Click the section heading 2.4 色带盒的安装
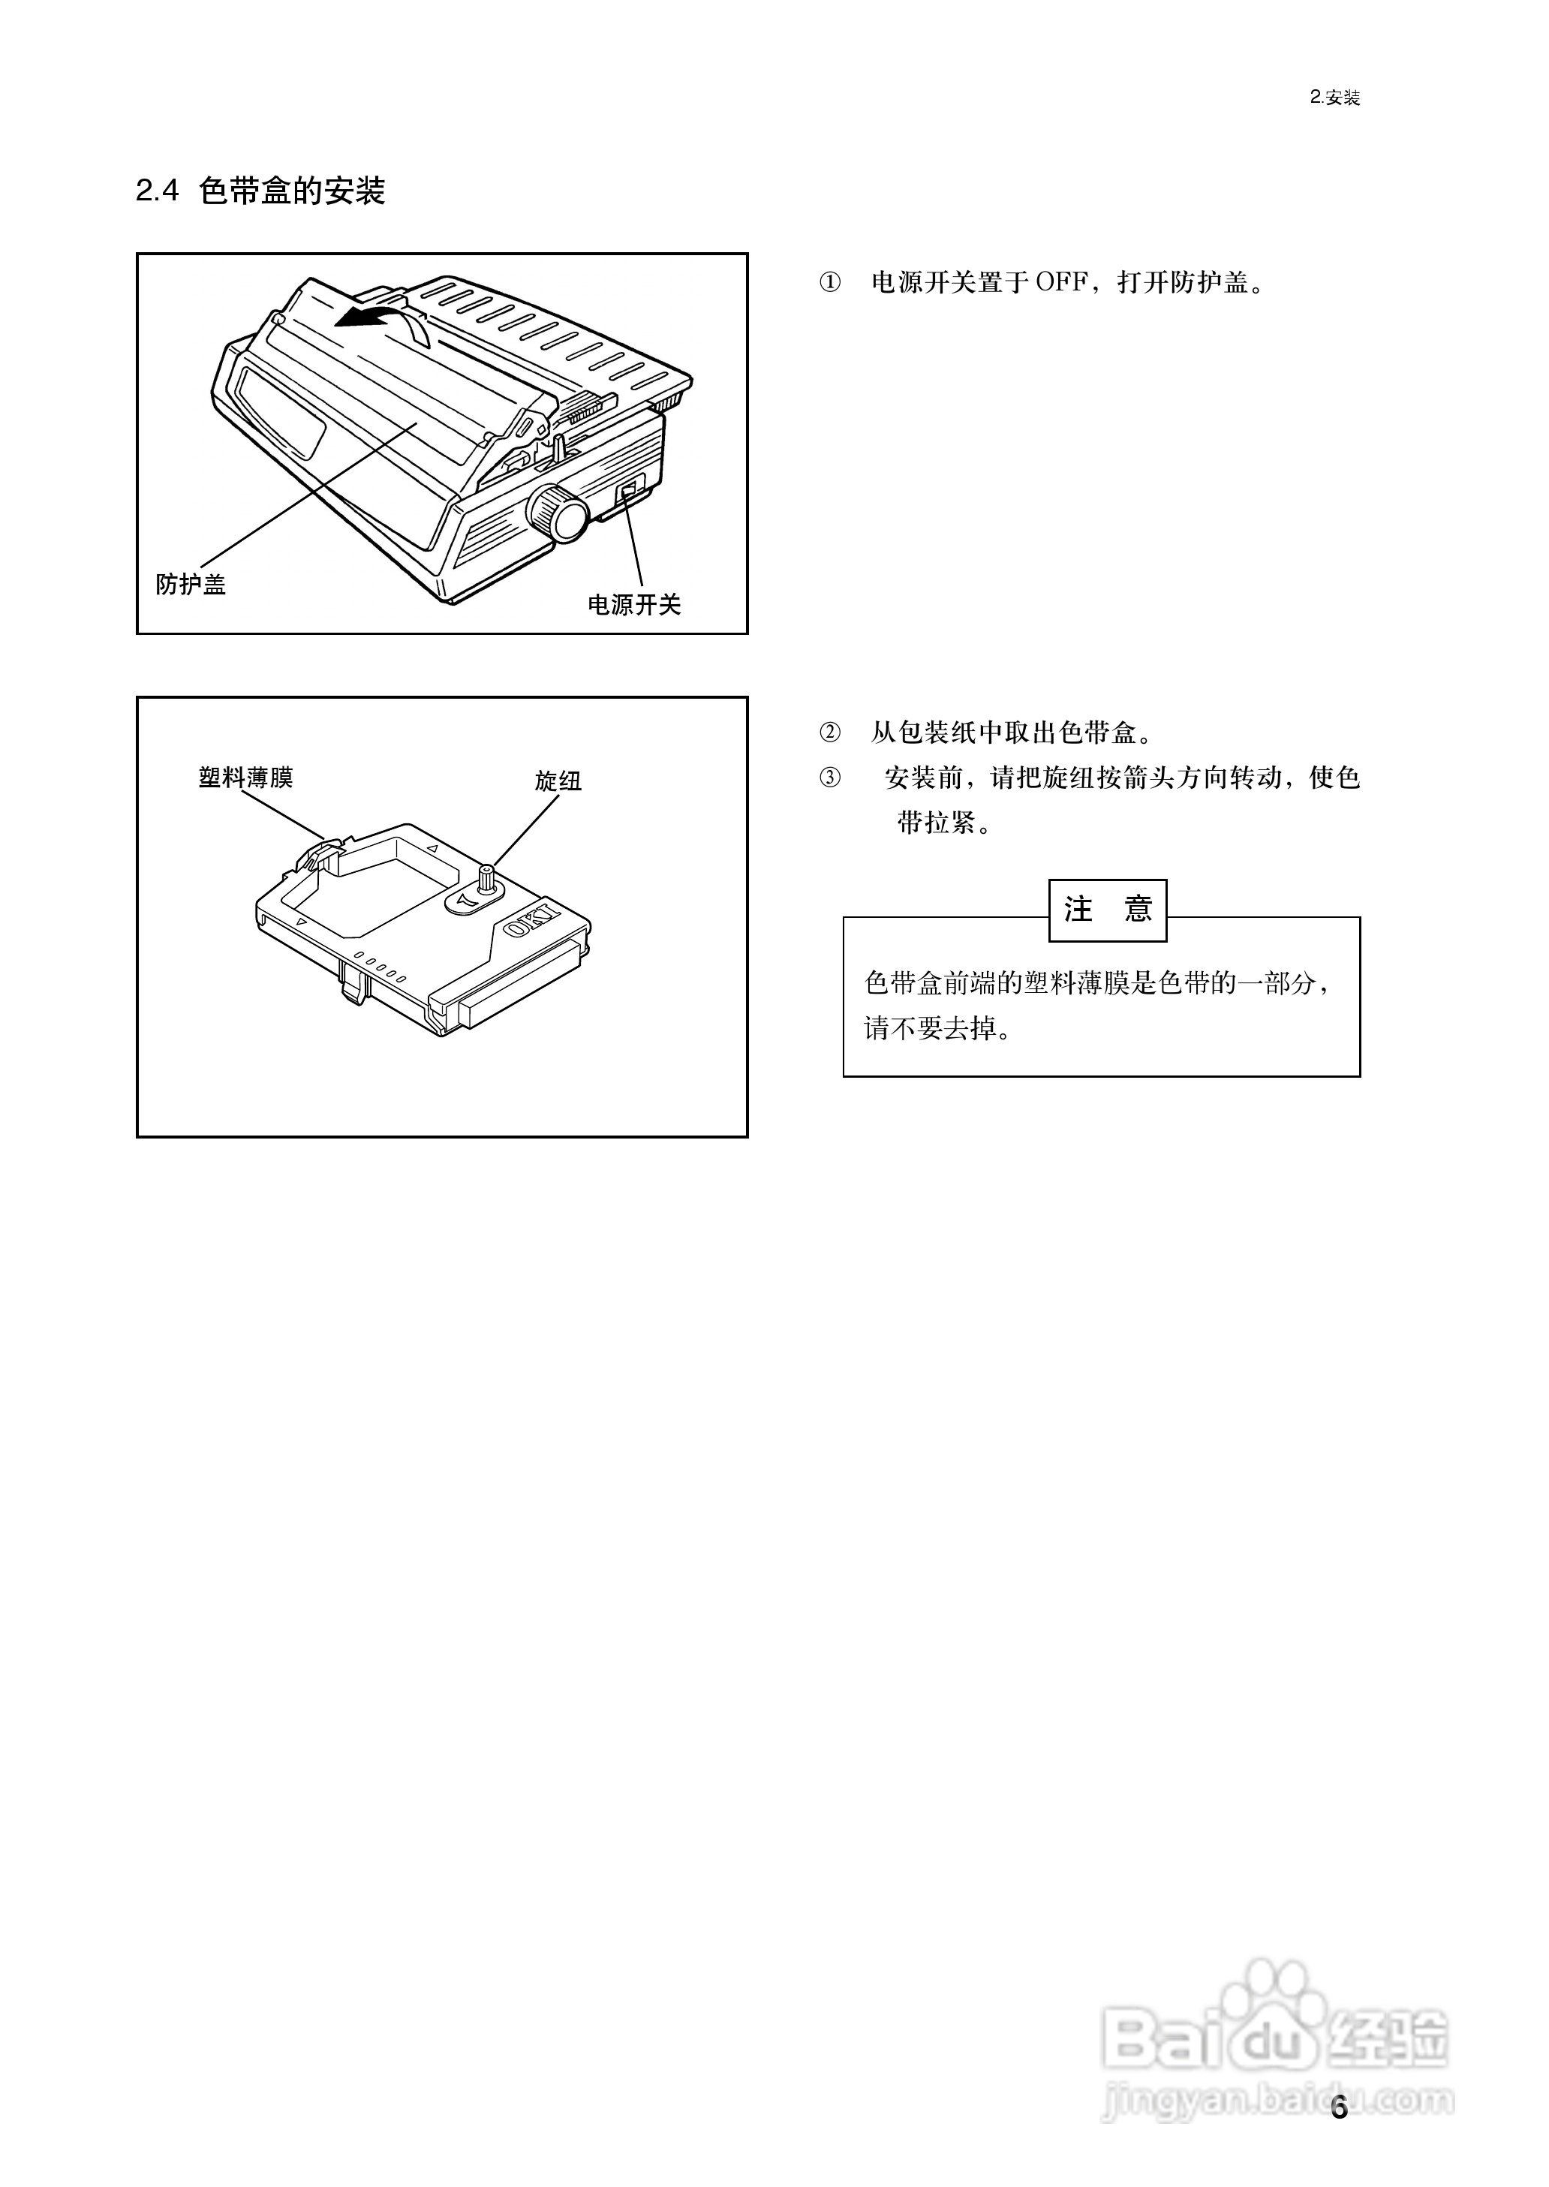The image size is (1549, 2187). coord(260,191)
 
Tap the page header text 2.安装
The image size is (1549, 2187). coord(1334,98)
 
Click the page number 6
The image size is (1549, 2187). coord(1339,2108)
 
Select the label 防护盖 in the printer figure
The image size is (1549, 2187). coord(191,585)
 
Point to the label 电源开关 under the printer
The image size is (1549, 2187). coord(634,605)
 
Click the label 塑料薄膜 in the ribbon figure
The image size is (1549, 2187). coord(245,778)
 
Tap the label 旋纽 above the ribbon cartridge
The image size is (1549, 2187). coord(558,781)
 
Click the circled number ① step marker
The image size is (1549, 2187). coord(830,283)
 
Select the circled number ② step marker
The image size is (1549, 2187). coord(830,733)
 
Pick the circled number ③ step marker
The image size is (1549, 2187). coord(830,778)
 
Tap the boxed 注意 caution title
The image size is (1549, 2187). coord(1108,910)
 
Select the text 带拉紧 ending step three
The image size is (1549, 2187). coord(937,822)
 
